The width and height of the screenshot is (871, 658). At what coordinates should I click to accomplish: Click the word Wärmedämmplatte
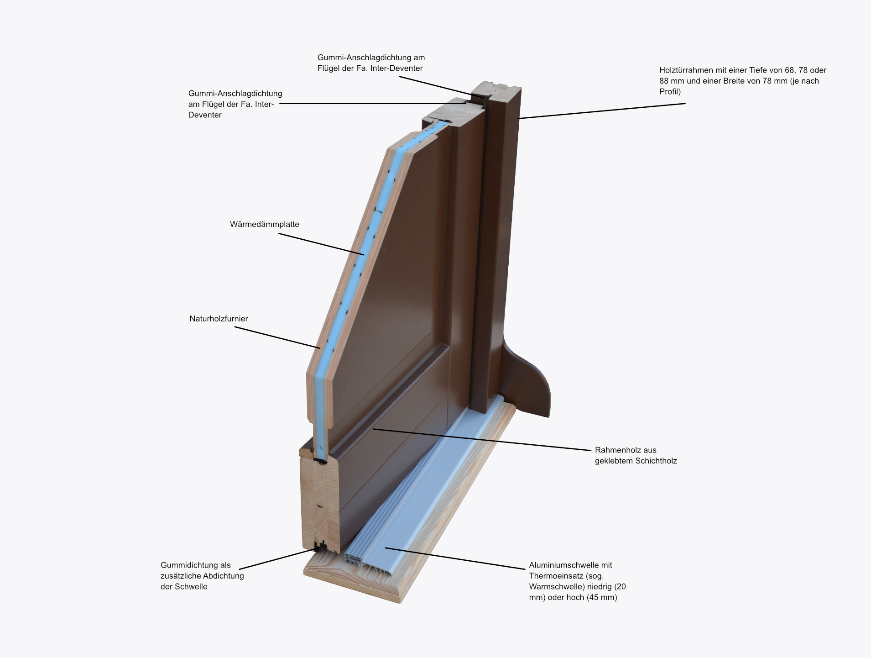(x=264, y=225)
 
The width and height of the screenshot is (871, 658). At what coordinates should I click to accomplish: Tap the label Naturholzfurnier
(x=219, y=319)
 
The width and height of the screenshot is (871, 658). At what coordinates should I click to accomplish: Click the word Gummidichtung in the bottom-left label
(x=186, y=565)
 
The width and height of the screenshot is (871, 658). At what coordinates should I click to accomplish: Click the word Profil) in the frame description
(x=670, y=92)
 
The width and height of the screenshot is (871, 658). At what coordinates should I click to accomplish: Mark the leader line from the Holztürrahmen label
(x=602, y=111)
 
